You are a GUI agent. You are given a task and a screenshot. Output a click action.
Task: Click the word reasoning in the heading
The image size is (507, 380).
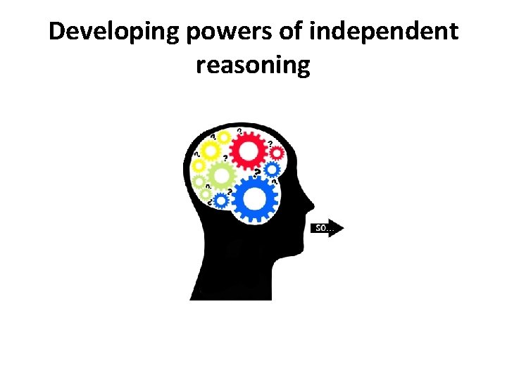point(254,65)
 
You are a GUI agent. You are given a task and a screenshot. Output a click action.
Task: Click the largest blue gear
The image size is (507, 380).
point(255,198)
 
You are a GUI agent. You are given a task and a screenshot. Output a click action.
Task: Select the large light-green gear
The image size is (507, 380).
point(222,175)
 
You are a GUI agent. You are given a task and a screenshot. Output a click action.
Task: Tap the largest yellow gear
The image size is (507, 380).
point(209,150)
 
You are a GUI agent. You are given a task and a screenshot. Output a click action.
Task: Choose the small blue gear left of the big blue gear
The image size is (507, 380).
point(220,201)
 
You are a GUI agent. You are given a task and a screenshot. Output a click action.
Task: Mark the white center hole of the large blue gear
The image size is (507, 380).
point(255,198)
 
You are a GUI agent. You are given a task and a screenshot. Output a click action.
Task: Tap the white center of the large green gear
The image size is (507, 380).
point(222,175)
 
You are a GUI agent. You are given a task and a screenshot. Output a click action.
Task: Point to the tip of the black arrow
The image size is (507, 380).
point(344,227)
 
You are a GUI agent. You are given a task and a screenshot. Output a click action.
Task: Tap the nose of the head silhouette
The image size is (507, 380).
point(312,207)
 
